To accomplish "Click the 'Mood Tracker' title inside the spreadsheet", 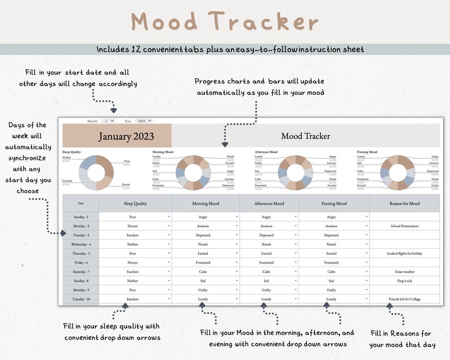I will click(305, 136).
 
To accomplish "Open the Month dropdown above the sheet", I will click(109, 121).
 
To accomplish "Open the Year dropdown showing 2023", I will click(145, 121).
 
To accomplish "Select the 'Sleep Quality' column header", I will click(135, 204).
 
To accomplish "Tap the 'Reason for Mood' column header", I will click(404, 204).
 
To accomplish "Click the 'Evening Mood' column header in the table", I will click(333, 204).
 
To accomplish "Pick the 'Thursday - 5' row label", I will click(80, 253).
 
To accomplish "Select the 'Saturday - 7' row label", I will click(80, 272).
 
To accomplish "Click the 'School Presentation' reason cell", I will click(404, 226).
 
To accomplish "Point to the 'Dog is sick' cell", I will click(404, 281).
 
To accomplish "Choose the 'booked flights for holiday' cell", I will click(404, 253).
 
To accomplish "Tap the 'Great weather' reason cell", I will click(404, 272).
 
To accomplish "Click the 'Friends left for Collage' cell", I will click(404, 299).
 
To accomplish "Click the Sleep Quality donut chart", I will click(96, 172).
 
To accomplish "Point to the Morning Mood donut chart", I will click(193, 172).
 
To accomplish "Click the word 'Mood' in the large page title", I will click(165, 22).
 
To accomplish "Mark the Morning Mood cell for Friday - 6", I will click(203, 262).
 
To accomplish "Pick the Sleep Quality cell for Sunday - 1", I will click(135, 217).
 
